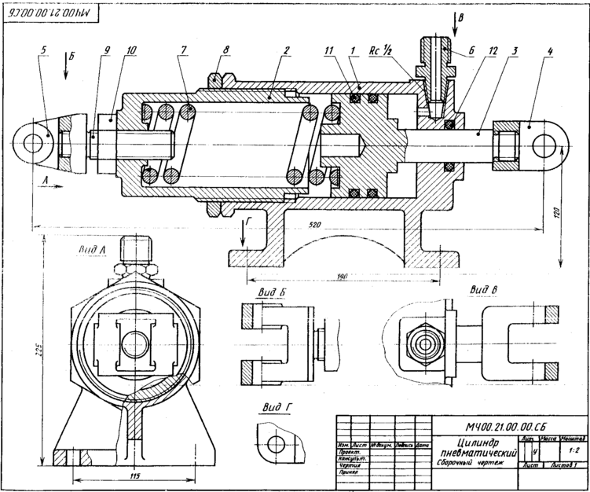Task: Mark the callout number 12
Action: [x=493, y=52]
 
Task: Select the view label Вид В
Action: [x=482, y=289]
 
